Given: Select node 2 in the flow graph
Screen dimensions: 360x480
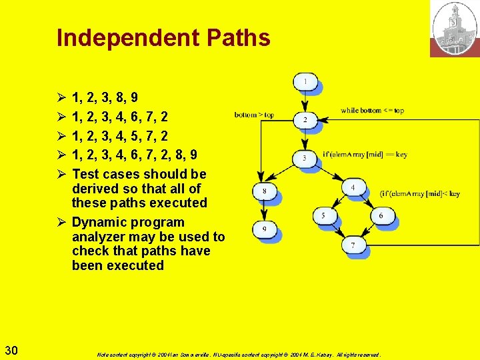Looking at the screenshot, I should pyautogui.click(x=305, y=120).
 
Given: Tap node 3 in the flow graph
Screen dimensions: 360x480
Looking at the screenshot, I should pyautogui.click(x=305, y=158).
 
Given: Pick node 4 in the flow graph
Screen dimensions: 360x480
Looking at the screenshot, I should pyautogui.click(x=353, y=187).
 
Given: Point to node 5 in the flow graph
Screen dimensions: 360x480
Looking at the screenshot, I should pyautogui.click(x=324, y=215).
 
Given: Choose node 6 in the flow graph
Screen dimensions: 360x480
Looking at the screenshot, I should pyautogui.click(x=381, y=215).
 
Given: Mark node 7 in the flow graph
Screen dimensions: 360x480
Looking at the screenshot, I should pyautogui.click(x=353, y=245).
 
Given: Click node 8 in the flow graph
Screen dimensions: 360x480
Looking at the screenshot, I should pyautogui.click(x=264, y=191).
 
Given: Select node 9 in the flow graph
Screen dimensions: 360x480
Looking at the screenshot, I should pyautogui.click(x=264, y=231).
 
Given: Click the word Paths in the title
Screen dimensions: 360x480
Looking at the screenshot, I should pyautogui.click(x=238, y=38).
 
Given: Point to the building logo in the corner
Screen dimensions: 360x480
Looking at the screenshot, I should pyautogui.click(x=455, y=29).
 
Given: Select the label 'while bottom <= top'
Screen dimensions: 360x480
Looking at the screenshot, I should pyautogui.click(x=372, y=110).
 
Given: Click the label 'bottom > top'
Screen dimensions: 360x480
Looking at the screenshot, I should pyautogui.click(x=254, y=115).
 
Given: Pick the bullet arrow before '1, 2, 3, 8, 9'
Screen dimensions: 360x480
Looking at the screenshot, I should pyautogui.click(x=60, y=98).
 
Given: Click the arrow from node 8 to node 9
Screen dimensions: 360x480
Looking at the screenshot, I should pyautogui.click(x=264, y=211).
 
